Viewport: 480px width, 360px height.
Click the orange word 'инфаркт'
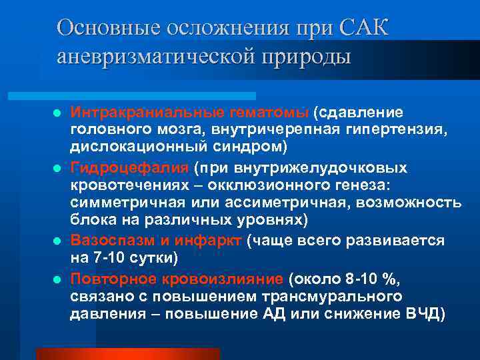217,240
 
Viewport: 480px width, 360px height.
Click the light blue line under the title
157,96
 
